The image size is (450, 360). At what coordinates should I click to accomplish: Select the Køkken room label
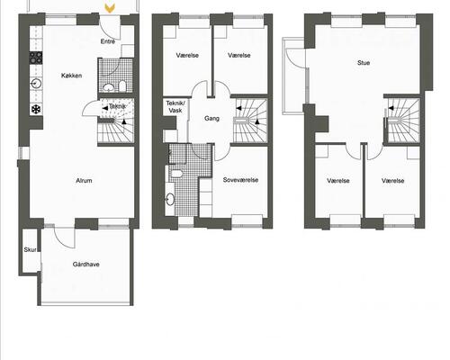pyautogui.click(x=72, y=76)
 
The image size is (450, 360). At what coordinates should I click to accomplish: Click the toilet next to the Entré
pyautogui.click(x=108, y=86)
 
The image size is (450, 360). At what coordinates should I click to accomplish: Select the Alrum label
pyautogui.click(x=85, y=181)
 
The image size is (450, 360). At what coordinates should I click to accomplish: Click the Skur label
pyautogui.click(x=30, y=250)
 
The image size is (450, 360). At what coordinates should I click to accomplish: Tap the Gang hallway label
pyautogui.click(x=212, y=118)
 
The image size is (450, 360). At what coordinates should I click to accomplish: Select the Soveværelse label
pyautogui.click(x=241, y=180)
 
